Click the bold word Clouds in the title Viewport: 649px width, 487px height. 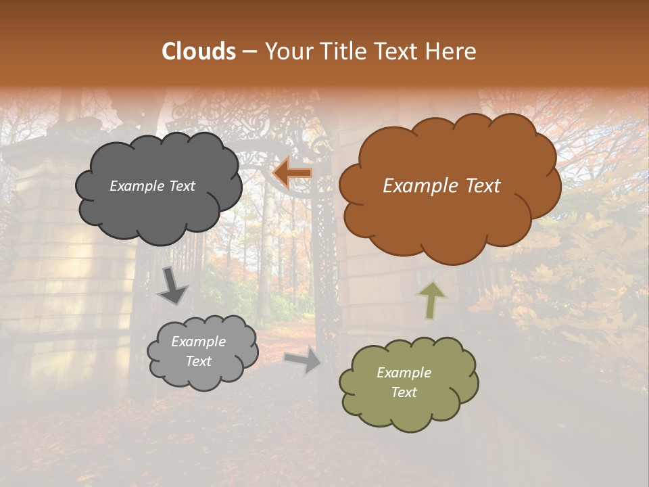point(198,51)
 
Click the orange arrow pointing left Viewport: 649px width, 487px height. point(292,173)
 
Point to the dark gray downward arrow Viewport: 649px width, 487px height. point(172,285)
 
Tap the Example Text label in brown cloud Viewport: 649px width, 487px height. point(441,186)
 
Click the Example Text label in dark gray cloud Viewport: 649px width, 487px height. point(152,186)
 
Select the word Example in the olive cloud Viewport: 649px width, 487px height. point(404,373)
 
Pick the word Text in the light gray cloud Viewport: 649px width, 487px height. point(198,361)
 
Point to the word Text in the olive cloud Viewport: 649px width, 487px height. point(404,392)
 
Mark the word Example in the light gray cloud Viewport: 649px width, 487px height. point(198,342)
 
